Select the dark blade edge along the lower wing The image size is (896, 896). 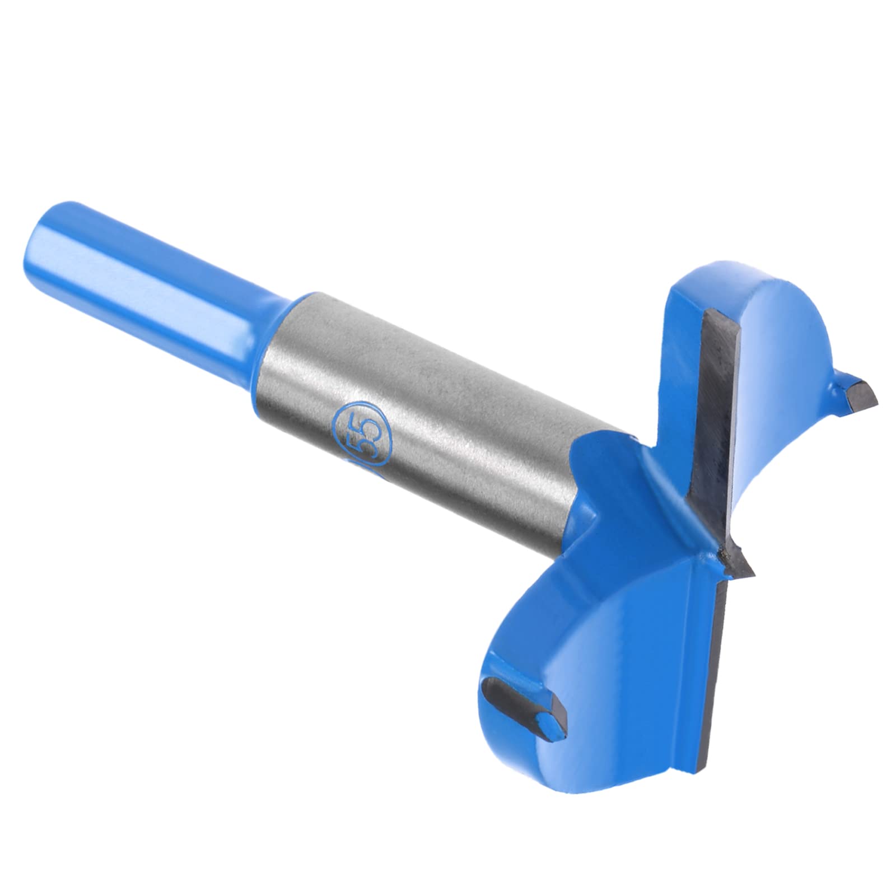(x=722, y=644)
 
